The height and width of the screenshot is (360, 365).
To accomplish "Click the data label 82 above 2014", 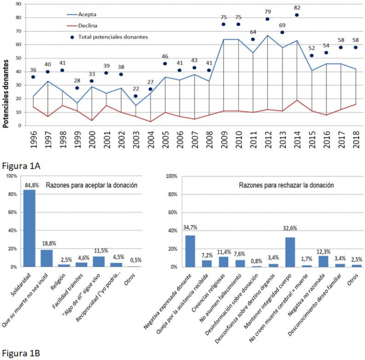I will click(297, 7).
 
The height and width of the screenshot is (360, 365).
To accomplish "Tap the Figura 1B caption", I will click(19, 352).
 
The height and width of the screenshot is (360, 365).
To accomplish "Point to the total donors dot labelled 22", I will click(137, 96).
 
